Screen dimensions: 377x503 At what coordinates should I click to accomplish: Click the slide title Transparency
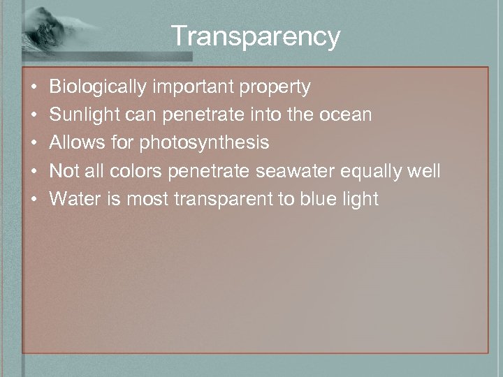click(255, 36)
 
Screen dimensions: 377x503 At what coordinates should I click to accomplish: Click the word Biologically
click(96, 87)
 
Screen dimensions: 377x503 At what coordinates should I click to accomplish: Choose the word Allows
click(75, 143)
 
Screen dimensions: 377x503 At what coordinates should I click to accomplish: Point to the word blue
click(319, 199)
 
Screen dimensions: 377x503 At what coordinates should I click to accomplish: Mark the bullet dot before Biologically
click(34, 88)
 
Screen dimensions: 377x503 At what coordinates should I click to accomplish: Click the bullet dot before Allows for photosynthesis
click(34, 144)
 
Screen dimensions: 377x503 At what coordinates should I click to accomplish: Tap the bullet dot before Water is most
click(34, 200)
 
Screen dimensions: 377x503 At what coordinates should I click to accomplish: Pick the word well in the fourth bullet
click(426, 171)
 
